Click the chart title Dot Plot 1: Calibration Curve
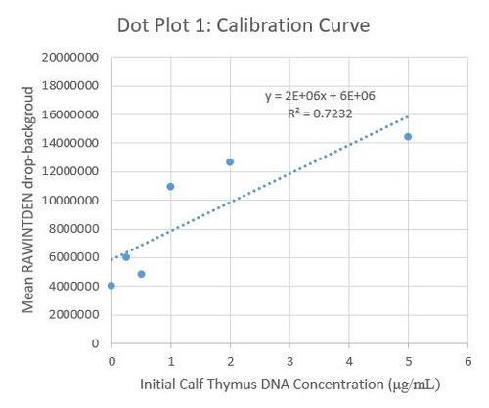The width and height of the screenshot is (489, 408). pos(243,23)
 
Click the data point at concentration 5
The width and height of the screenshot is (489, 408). pos(408,137)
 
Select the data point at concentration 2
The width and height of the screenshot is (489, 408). pos(230,162)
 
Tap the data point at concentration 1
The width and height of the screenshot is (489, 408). pos(170,186)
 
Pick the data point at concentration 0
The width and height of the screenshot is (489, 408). pos(111,286)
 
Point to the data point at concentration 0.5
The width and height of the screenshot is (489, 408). pos(141,274)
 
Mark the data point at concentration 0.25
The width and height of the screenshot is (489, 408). pos(126,256)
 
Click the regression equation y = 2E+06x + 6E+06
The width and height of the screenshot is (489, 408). pos(320,96)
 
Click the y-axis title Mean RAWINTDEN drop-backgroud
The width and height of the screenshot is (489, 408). pos(29,200)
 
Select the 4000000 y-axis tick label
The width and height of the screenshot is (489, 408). pos(75,287)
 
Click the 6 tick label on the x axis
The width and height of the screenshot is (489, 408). pos(467,360)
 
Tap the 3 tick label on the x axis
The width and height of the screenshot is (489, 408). pos(289,360)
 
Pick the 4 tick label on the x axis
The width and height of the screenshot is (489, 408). pos(349,360)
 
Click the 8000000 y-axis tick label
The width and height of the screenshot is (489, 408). pos(75,229)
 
